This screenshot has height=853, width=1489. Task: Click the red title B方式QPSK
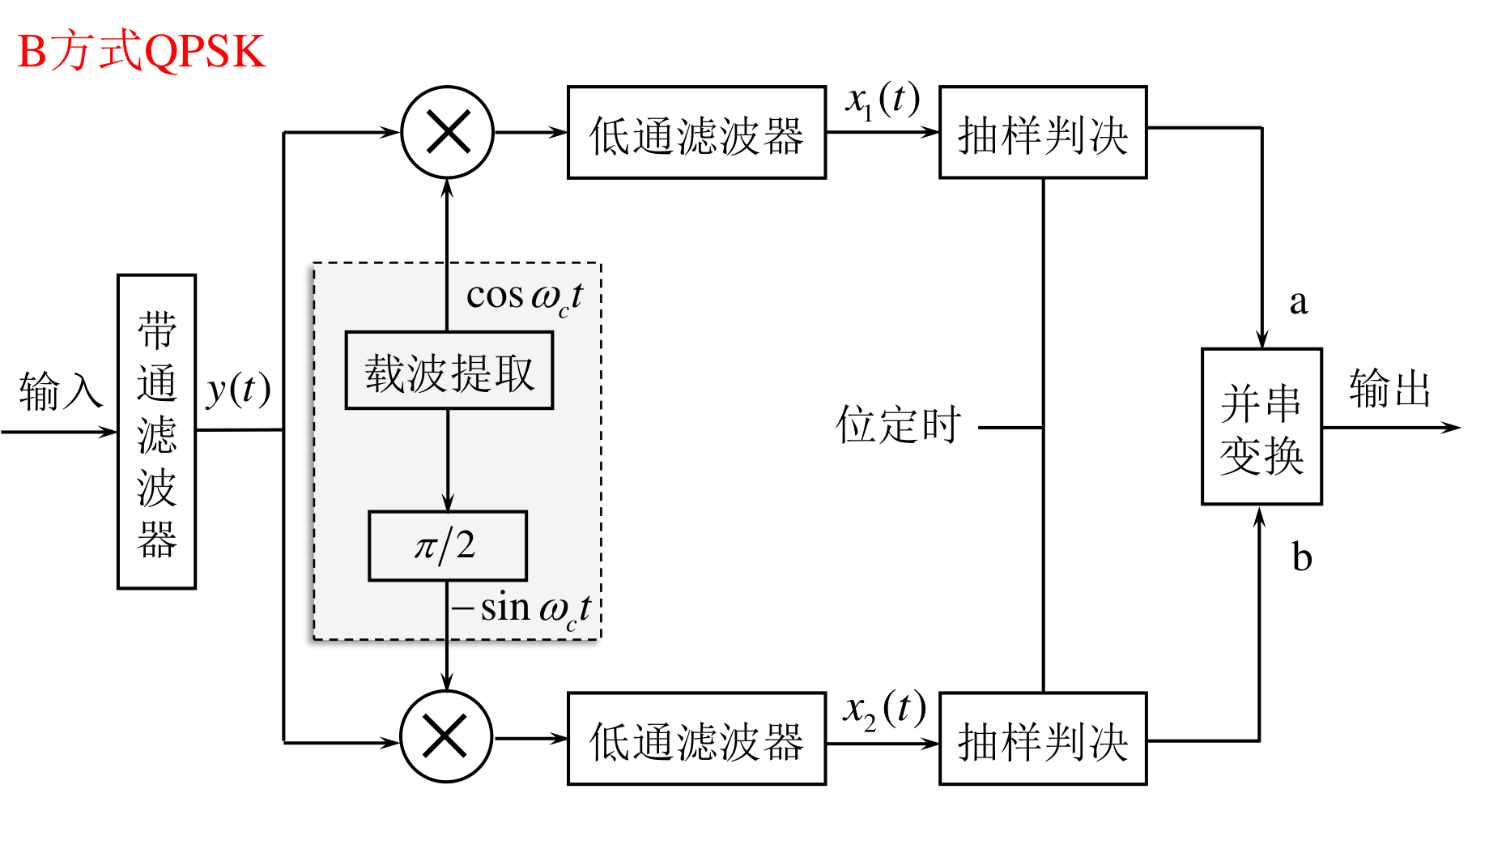coord(141,51)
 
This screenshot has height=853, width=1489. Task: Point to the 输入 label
coord(61,391)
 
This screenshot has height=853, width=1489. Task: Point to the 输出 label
coord(1389,388)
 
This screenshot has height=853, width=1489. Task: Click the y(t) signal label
coord(238,390)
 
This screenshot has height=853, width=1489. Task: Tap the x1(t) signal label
coord(883,100)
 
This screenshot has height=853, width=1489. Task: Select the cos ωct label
coord(525,297)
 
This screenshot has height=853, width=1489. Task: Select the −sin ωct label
coord(522,609)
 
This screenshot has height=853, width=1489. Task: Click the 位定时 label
coord(899,424)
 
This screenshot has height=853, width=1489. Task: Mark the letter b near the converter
coord(1301,557)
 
